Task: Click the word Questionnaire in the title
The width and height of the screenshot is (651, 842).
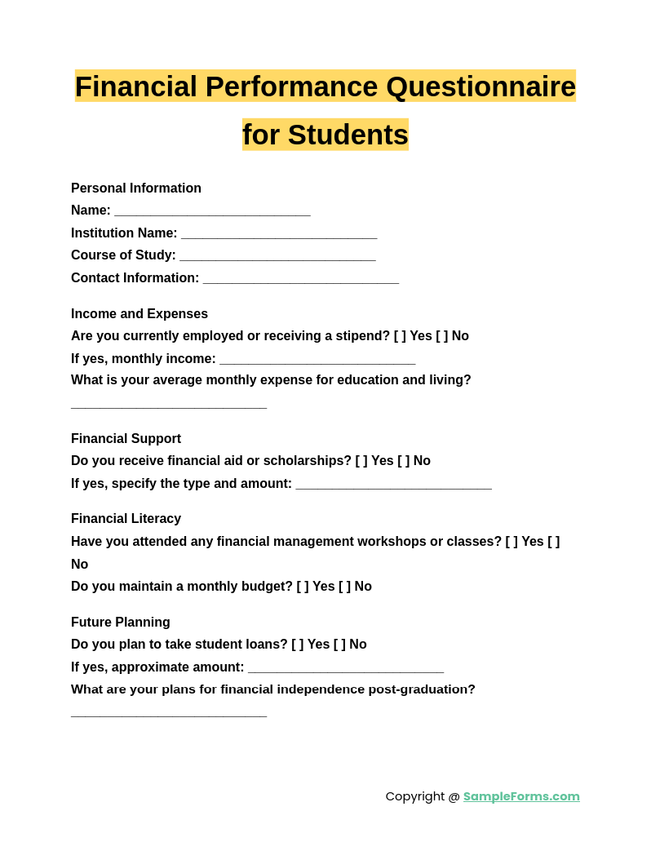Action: pos(480,86)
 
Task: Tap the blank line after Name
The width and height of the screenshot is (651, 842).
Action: pos(212,212)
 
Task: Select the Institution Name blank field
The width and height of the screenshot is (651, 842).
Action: pos(279,235)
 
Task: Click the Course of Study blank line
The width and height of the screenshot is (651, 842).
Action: pos(277,257)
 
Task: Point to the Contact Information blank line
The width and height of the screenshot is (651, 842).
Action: pos(300,280)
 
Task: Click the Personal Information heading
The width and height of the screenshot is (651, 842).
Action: pos(136,188)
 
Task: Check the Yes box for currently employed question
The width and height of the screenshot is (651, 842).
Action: pos(400,336)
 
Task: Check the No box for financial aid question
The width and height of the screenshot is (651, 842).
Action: pos(404,461)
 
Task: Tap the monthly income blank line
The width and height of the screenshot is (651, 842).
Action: pos(317,361)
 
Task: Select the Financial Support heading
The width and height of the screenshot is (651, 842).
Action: pos(126,439)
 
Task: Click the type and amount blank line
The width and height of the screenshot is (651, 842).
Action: pos(393,485)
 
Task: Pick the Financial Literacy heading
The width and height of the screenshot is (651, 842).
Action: pos(126,519)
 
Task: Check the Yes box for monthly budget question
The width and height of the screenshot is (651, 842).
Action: pos(303,587)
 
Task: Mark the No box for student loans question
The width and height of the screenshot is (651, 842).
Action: pos(339,645)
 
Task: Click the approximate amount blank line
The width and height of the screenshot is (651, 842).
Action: pos(346,669)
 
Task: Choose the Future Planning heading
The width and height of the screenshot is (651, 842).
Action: pos(121,623)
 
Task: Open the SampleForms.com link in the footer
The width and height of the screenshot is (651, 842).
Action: pos(521,796)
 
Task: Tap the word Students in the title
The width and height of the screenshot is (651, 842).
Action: pos(348,135)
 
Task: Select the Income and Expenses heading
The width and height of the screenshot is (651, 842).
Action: pos(139,314)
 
